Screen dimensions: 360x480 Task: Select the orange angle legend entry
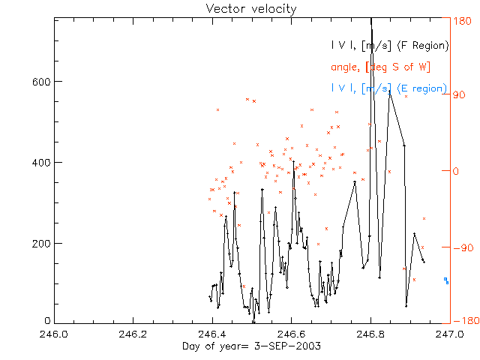tap(379, 67)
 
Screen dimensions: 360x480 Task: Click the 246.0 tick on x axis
tap(54, 334)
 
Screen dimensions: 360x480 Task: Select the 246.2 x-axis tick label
tap(133, 334)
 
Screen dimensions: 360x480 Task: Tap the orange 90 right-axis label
tap(458, 95)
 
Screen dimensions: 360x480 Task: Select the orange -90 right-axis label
tap(460, 247)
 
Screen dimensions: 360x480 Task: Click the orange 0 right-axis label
tap(455, 171)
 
